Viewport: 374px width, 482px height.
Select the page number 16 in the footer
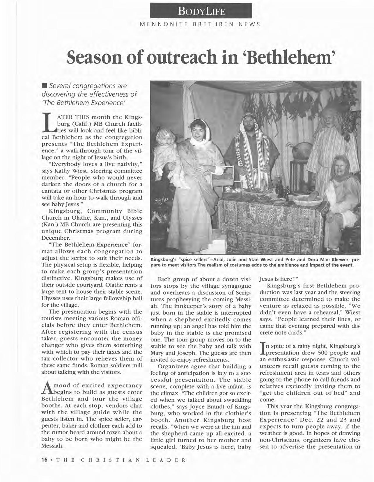click(44, 460)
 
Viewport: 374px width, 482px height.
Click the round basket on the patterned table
click(307, 201)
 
